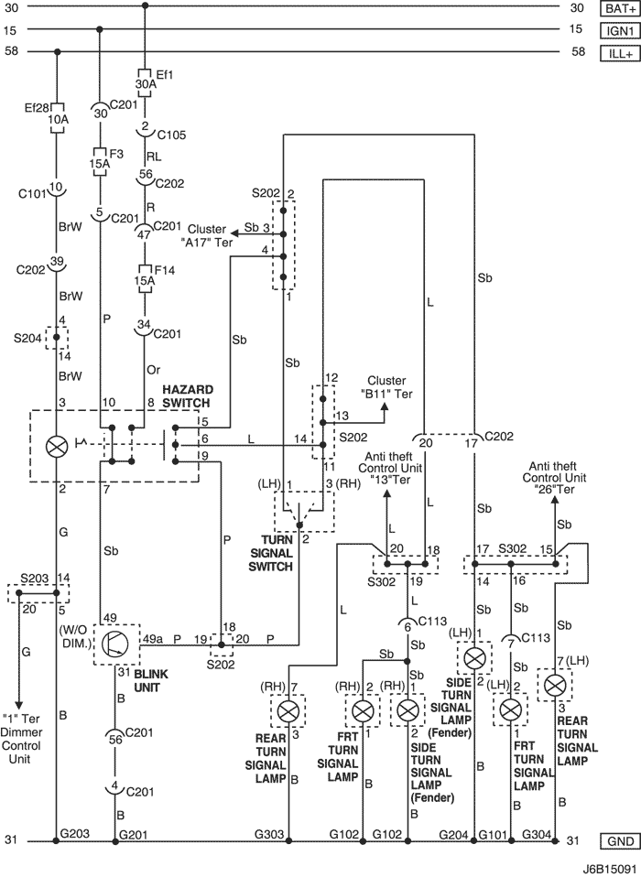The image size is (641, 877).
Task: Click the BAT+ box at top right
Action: pyautogui.click(x=620, y=8)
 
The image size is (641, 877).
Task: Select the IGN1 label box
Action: pyautogui.click(x=620, y=31)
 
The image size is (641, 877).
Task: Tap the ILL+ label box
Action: pyautogui.click(x=620, y=54)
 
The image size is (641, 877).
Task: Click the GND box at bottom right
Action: pyautogui.click(x=620, y=840)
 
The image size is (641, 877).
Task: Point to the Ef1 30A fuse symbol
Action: pyautogui.click(x=146, y=83)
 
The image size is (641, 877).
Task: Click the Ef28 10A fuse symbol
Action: pyautogui.click(x=57, y=118)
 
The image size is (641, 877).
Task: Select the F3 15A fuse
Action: pyautogui.click(x=100, y=162)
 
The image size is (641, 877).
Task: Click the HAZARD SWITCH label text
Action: pyautogui.click(x=186, y=396)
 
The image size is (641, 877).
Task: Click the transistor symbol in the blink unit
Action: pyautogui.click(x=115, y=644)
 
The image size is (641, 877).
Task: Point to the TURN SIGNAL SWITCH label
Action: pyautogui.click(x=270, y=553)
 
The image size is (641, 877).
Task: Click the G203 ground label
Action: pyautogui.click(x=74, y=833)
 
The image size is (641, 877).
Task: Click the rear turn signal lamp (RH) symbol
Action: pyautogui.click(x=288, y=711)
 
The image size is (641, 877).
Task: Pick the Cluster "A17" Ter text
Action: pyautogui.click(x=209, y=235)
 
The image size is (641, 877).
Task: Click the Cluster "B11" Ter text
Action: pyautogui.click(x=386, y=387)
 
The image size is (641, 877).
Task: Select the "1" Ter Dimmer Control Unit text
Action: pyautogui.click(x=21, y=738)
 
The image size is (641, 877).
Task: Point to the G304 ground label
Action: pyautogui.click(x=537, y=834)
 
